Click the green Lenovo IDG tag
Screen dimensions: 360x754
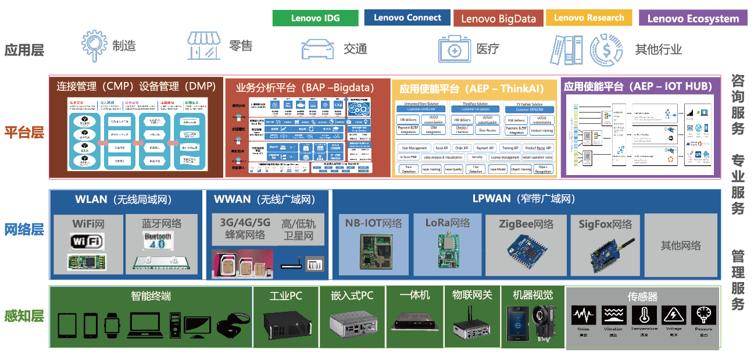[x=315, y=18]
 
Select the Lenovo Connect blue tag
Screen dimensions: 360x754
[x=408, y=18]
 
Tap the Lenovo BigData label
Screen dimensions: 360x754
[x=498, y=19]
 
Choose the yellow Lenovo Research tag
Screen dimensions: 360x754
[x=589, y=18]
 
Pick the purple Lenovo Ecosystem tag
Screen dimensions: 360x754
[x=692, y=19]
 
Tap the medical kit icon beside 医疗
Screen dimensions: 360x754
[x=455, y=49]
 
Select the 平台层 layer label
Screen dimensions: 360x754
[x=24, y=132]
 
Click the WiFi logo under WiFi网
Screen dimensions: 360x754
[x=87, y=241]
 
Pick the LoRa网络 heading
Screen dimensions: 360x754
[x=448, y=223]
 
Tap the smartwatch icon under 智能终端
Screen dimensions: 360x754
[x=112, y=324]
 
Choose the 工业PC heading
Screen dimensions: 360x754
[x=285, y=296]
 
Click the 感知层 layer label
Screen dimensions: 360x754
[x=24, y=316]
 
